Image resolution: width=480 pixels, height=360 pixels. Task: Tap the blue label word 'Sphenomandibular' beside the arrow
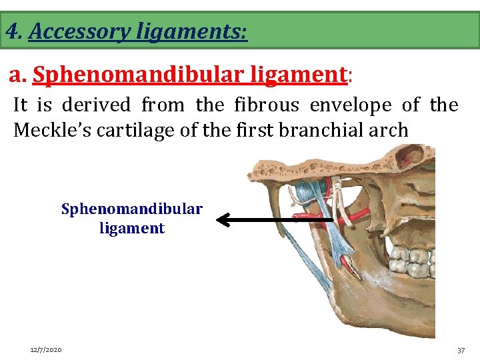132,209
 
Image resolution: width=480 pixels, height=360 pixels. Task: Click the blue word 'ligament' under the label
132,228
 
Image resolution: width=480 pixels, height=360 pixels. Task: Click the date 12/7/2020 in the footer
46,350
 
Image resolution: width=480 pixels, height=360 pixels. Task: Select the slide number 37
461,350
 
